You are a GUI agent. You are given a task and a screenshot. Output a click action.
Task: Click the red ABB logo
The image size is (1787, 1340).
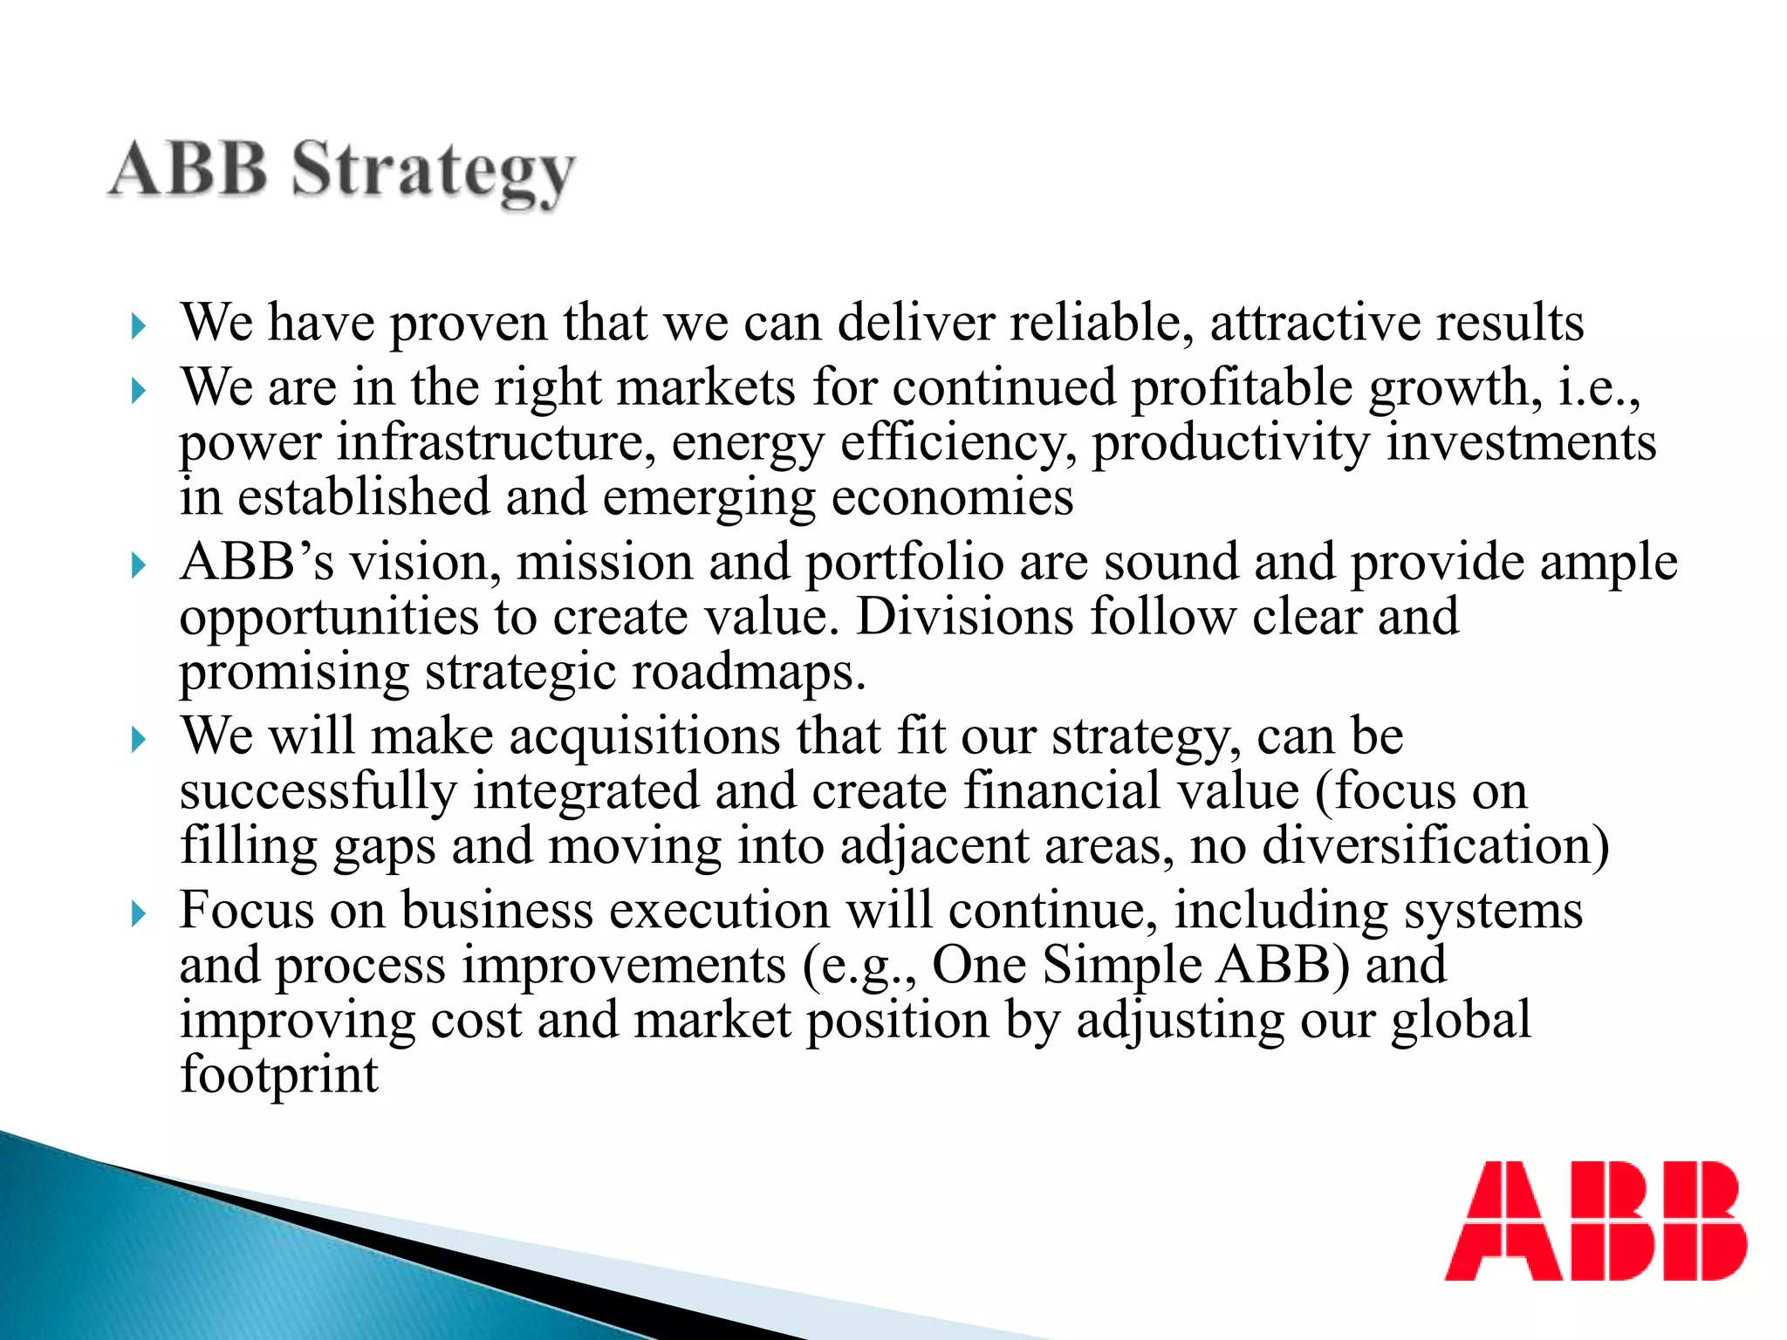(x=1595, y=1220)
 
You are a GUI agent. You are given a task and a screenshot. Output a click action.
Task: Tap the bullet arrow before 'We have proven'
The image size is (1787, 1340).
(x=138, y=327)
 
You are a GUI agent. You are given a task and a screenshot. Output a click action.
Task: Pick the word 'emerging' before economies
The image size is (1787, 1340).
(x=709, y=499)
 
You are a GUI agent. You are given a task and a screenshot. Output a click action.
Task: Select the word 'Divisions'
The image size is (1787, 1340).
(x=964, y=618)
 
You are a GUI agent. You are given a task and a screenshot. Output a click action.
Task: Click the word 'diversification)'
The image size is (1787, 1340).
(x=1435, y=846)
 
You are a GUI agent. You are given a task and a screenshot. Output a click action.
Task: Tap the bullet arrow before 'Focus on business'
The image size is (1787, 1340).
(x=138, y=915)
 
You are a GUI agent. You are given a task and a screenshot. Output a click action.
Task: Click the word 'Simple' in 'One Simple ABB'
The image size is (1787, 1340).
(x=1122, y=966)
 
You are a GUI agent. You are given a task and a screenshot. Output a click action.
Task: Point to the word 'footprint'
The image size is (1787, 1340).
(x=279, y=1075)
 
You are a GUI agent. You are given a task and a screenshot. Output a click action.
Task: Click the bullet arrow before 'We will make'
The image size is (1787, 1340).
(x=138, y=741)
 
